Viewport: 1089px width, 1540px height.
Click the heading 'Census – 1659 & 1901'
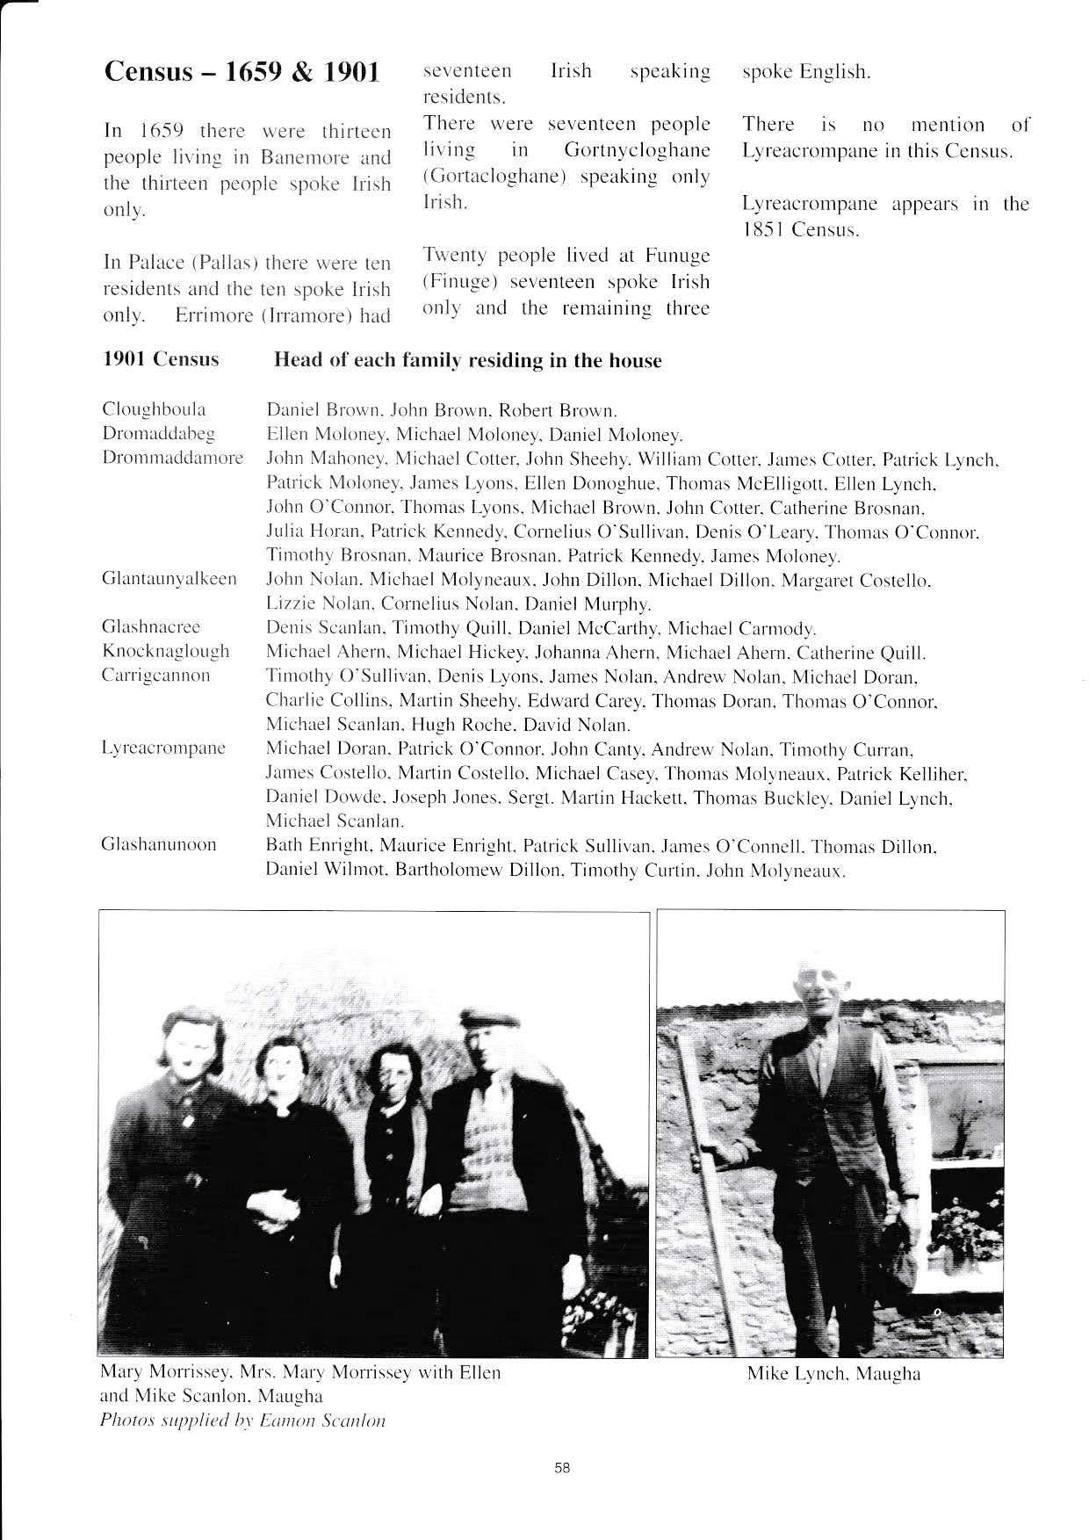coord(242,72)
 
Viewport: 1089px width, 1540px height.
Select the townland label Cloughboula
coord(155,409)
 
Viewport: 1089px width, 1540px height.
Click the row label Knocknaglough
coord(166,651)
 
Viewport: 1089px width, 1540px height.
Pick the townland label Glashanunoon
coord(159,845)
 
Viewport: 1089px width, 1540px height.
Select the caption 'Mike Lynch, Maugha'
coord(833,1374)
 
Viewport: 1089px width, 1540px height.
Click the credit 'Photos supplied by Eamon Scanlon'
coord(243,1421)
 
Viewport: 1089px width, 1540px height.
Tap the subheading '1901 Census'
coord(162,360)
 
